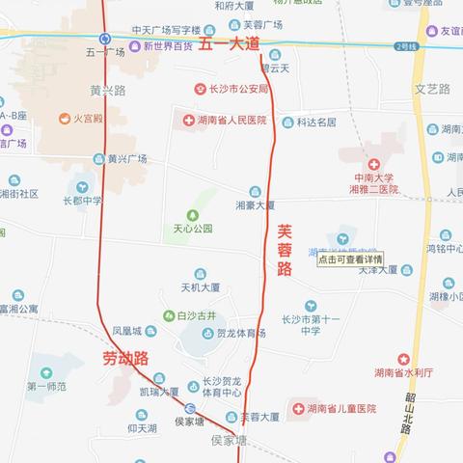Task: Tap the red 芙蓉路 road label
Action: tap(285, 251)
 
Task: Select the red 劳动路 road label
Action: tap(126, 359)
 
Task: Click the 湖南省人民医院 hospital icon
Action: tap(187, 121)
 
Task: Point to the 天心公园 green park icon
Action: tap(191, 213)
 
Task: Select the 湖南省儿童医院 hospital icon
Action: tap(297, 409)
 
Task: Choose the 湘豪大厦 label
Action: tap(256, 204)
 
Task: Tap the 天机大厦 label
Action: tap(201, 287)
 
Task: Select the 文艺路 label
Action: tap(433, 89)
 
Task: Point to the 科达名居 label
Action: tap(316, 123)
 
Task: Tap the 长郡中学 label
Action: tap(82, 201)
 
